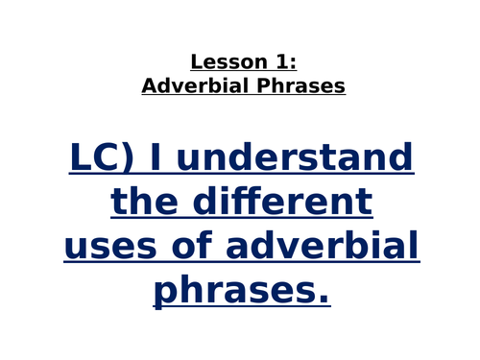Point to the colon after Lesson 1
294,63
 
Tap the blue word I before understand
157,156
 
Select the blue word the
143,202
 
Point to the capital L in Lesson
196,62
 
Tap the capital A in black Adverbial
148,85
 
